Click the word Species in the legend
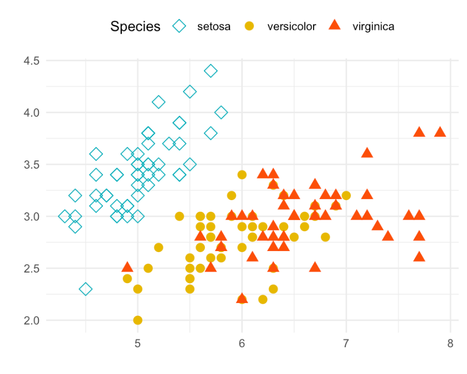[x=135, y=26]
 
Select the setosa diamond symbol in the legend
[x=180, y=26]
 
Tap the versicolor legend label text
[x=292, y=26]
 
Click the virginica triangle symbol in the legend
[x=334, y=25]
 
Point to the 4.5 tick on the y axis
[x=32, y=61]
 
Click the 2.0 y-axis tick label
[x=32, y=320]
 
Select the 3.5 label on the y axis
[x=32, y=164]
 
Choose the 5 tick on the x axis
[x=138, y=344]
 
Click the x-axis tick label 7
[x=346, y=344]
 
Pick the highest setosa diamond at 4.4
[x=211, y=71]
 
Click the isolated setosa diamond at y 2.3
[x=86, y=289]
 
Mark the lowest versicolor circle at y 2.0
[x=138, y=320]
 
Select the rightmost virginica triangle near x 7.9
[x=440, y=132]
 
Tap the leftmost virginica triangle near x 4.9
[x=127, y=267]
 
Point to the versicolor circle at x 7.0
[x=346, y=195]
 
